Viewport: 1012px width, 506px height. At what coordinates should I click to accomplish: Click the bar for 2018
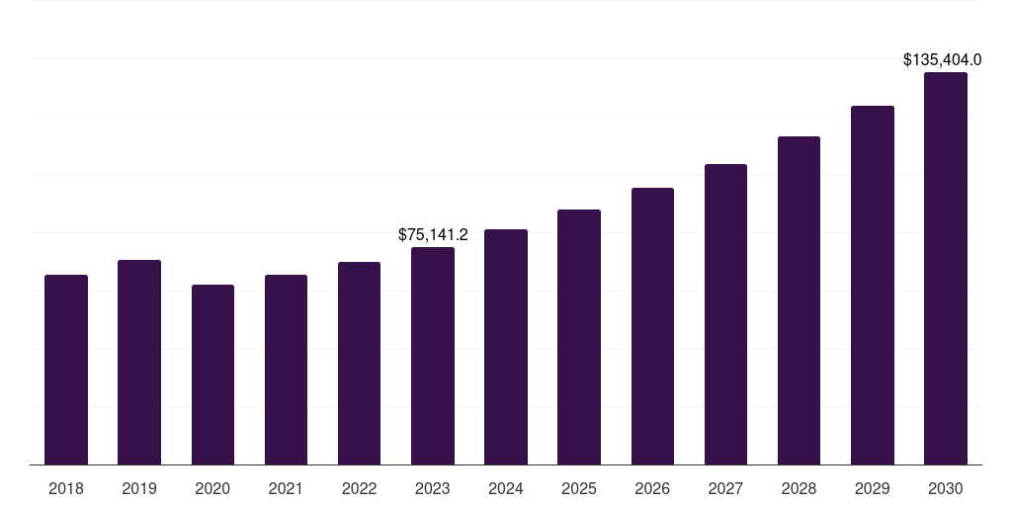pos(66,370)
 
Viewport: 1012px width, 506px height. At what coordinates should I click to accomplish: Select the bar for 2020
pos(212,375)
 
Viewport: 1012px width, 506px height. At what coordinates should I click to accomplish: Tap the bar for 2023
pos(433,356)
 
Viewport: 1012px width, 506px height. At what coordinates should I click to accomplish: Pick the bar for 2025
pos(579,337)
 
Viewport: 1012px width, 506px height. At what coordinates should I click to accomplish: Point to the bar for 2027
pos(725,314)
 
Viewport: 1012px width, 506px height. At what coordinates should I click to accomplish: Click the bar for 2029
pos(873,286)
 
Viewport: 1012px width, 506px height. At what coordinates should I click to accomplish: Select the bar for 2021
pos(286,370)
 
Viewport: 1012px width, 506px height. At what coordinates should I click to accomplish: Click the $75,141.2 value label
pos(433,234)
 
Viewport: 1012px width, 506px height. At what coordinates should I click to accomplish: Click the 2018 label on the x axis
pos(66,488)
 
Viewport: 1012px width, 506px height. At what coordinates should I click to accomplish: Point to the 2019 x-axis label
pos(139,488)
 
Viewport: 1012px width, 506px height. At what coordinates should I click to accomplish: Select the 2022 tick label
pos(359,488)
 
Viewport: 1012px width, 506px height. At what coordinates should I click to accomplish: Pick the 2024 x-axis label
pos(506,488)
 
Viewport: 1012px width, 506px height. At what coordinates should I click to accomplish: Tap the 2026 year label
pos(652,488)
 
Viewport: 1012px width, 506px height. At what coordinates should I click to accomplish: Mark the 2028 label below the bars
pos(799,488)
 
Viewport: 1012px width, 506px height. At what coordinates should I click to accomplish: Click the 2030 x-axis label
pos(946,488)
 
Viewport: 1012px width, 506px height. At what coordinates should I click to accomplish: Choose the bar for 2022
pos(359,364)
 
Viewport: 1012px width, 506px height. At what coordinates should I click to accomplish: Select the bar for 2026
pos(652,326)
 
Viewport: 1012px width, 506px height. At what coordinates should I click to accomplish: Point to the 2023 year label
pos(433,488)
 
